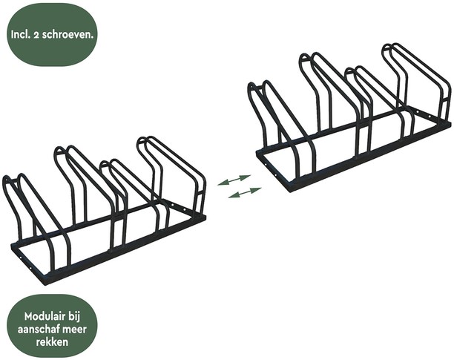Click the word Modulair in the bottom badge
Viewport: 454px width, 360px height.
[42, 316]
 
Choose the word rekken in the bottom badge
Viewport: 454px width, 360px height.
[52, 341]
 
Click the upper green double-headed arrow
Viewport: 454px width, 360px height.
[234, 180]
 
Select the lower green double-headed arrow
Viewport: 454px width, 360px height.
[245, 192]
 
